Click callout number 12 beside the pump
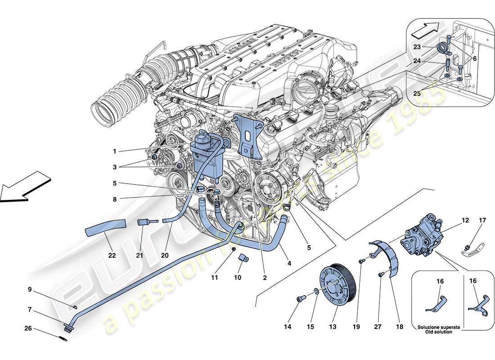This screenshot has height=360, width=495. pyautogui.click(x=465, y=220)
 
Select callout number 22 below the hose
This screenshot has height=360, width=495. pyautogui.click(x=112, y=255)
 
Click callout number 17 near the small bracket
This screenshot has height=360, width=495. pyautogui.click(x=482, y=220)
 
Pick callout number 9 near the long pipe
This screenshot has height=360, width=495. pyautogui.click(x=30, y=289)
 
